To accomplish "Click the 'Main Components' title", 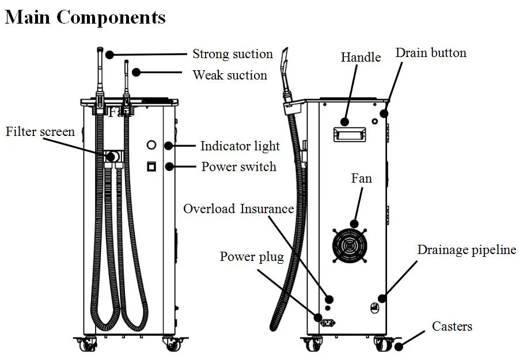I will point(85,17).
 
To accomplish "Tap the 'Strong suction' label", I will point(232,54).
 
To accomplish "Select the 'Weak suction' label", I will point(229,75).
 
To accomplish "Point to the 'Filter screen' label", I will point(40,132).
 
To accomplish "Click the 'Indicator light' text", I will point(240,146).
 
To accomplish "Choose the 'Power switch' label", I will point(238,167).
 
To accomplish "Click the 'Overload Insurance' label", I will point(238,209).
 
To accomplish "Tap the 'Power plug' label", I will point(252,256).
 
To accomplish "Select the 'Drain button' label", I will point(430,53).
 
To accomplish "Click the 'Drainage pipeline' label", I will point(467,250).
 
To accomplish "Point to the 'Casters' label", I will point(452,327).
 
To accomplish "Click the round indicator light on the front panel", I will point(152,145).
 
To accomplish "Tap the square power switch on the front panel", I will point(151,167).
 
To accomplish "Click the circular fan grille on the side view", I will point(349,244).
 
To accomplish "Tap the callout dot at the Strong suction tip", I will point(110,54).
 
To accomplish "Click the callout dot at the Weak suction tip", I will point(136,72).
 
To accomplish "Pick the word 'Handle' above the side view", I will point(361,57).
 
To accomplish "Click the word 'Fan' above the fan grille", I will point(361,179).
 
